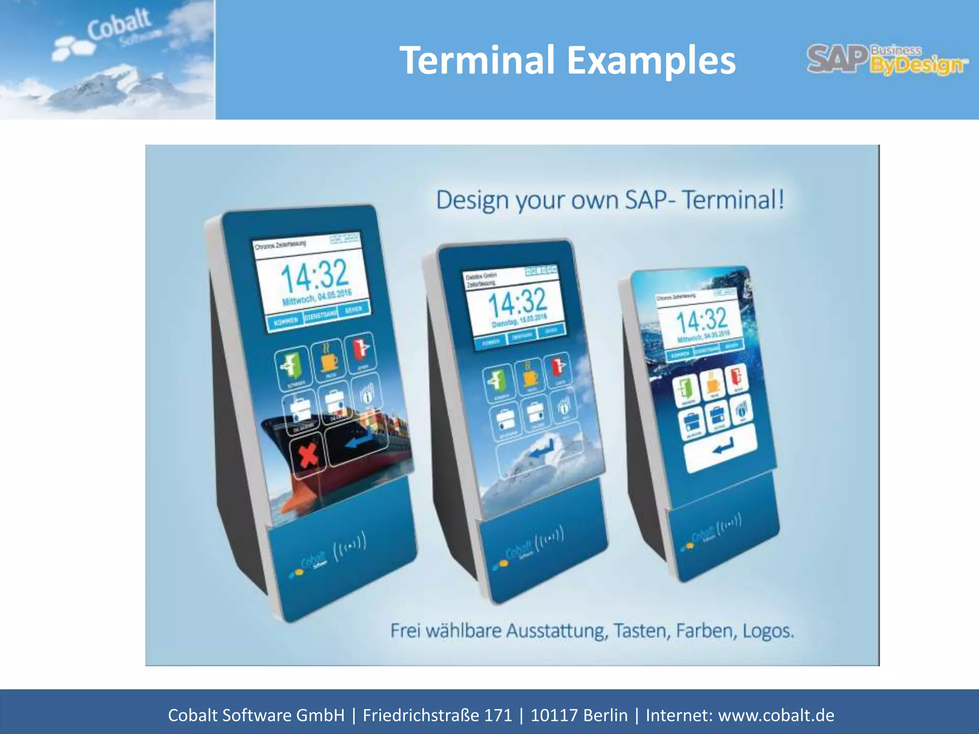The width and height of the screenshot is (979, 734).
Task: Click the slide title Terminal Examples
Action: [567, 61]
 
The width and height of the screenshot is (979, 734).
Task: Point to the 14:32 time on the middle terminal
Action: [517, 302]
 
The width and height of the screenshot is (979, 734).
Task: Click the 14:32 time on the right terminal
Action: [702, 320]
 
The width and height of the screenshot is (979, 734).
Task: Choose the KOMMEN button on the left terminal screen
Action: [286, 322]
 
